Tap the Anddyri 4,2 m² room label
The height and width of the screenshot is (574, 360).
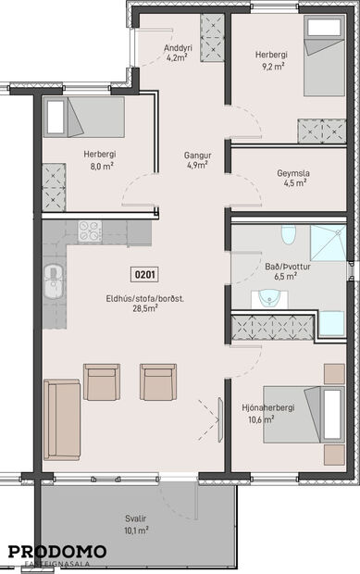coord(176,53)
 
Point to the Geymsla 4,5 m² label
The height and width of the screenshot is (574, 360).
coord(292,177)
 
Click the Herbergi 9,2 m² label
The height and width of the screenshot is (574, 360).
coord(271,60)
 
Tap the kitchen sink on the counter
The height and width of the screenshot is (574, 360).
coord(55,276)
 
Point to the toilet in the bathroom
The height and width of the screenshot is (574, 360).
coord(288,235)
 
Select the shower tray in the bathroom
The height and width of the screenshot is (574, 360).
coord(328,243)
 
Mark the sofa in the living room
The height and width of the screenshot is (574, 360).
coord(61,418)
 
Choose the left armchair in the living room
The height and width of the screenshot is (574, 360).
coord(102,381)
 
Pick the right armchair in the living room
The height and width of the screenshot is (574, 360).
coord(158,381)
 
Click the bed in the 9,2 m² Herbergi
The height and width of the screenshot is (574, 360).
coord(324,56)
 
